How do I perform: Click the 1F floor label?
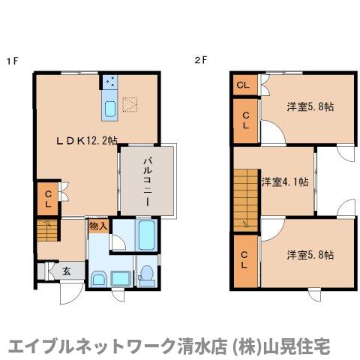tap(12, 61)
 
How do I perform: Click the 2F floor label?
tap(200, 61)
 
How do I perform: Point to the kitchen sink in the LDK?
tap(109, 109)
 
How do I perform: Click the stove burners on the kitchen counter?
tap(109, 81)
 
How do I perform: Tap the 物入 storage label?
tap(99, 225)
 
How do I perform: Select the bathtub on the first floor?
tap(146, 236)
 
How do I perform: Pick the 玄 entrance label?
tap(66, 271)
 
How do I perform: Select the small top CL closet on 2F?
tap(243, 84)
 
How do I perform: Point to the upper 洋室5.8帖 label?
tap(310, 106)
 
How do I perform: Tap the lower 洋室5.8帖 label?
tap(310, 255)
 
